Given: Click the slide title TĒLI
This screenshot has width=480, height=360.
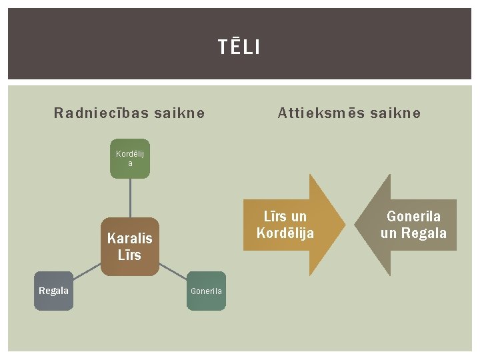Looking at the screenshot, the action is (239, 47).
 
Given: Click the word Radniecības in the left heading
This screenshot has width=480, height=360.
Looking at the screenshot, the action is (101, 113).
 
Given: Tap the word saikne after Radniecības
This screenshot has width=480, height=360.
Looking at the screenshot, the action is (179, 113).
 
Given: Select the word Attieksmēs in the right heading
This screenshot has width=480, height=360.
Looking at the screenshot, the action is (317, 113).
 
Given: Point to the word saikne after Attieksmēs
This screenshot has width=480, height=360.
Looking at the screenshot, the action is (396, 113).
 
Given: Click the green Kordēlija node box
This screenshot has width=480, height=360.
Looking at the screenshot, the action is (130, 159).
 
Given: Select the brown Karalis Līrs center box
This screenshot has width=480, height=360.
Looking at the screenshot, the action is (130, 247).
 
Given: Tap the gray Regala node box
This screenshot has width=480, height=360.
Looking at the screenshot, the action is (53, 291).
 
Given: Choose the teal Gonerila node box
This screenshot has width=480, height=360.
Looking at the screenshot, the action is (206, 291).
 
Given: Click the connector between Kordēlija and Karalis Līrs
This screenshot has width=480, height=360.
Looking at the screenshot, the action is (130, 198).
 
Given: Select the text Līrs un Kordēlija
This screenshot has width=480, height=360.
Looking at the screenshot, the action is (285, 225).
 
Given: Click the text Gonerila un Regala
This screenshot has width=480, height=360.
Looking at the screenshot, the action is (413, 225).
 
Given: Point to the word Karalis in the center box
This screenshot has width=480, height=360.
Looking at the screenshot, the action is (130, 239).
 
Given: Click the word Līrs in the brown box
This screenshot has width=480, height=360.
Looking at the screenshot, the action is (130, 255).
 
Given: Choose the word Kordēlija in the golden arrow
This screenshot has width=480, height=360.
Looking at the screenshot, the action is (285, 233).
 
